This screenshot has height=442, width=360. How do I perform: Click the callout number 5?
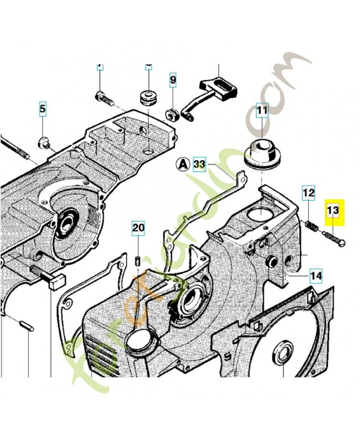[x=43, y=109]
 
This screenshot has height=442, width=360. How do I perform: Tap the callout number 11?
[x=261, y=110]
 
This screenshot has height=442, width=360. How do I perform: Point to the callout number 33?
[x=199, y=164]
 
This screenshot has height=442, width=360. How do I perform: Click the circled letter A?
[x=183, y=164]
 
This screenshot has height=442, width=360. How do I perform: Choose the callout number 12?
[x=308, y=193]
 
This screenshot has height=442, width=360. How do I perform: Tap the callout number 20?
[x=138, y=227]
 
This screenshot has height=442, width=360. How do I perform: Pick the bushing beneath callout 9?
[x=171, y=114]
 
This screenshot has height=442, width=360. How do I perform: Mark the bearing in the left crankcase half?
[x=67, y=224]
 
